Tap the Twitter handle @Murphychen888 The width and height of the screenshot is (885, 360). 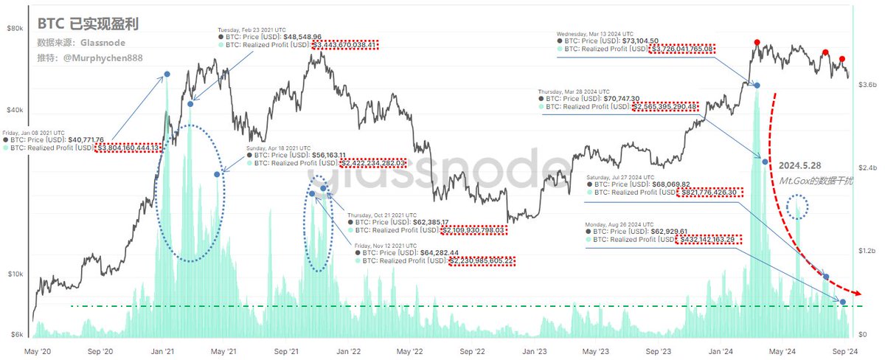[102, 57]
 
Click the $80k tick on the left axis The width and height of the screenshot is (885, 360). [15, 28]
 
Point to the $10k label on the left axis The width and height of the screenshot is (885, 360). [15, 274]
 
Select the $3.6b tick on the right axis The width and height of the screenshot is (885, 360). [867, 86]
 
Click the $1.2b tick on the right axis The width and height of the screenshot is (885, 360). [867, 251]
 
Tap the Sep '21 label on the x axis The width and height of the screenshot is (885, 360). [285, 351]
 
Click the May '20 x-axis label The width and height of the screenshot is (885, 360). [37, 351]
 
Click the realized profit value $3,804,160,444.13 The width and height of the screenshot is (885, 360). [128, 148]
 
